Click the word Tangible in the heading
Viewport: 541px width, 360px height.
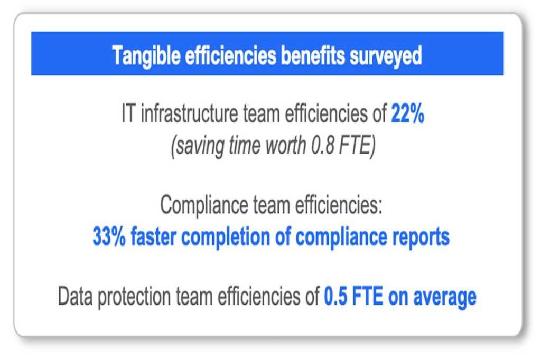[146, 56]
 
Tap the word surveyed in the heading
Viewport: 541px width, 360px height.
[386, 56]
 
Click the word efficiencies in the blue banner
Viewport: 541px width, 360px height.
[230, 55]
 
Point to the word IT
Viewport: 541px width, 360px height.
[128, 113]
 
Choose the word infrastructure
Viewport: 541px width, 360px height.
[190, 113]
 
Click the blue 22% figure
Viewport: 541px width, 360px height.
[407, 113]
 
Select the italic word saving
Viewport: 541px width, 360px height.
[199, 146]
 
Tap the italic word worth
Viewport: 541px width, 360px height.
[286, 145]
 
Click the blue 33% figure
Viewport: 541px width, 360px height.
[109, 237]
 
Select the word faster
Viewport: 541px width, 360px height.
[154, 236]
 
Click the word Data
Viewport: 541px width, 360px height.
[75, 296]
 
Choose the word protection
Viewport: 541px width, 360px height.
[134, 297]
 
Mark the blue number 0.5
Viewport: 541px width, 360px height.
[335, 297]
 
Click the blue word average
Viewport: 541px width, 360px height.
[445, 298]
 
